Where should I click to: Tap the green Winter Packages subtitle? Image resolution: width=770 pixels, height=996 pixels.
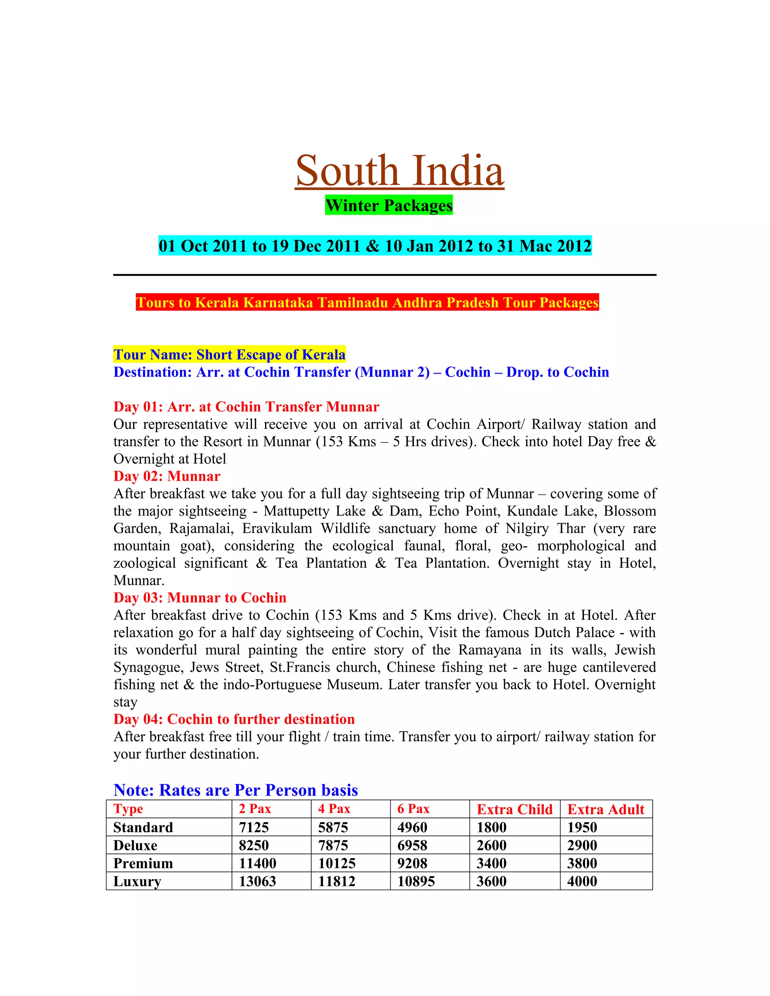(389, 205)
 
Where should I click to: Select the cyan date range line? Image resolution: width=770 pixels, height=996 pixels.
(375, 246)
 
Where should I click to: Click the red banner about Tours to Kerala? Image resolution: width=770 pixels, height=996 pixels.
(367, 302)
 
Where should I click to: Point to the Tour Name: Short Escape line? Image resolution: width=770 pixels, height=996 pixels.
(229, 354)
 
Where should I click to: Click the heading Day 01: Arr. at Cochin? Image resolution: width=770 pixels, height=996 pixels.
(246, 406)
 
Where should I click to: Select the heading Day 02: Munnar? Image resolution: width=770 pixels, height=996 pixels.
(167, 476)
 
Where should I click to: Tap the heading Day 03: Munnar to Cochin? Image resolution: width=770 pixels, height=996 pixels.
(200, 598)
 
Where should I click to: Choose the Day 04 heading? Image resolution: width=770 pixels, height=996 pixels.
(234, 719)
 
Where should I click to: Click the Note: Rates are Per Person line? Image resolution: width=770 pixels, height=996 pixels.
(236, 790)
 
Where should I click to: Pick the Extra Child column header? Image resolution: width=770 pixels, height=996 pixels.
(515, 809)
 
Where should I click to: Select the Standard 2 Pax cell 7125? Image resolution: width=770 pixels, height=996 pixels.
(254, 827)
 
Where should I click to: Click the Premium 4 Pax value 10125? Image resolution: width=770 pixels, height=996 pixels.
(336, 863)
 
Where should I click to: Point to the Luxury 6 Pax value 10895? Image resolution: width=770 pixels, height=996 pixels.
(416, 881)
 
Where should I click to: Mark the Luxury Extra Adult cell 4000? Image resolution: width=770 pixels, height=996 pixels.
(582, 881)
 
